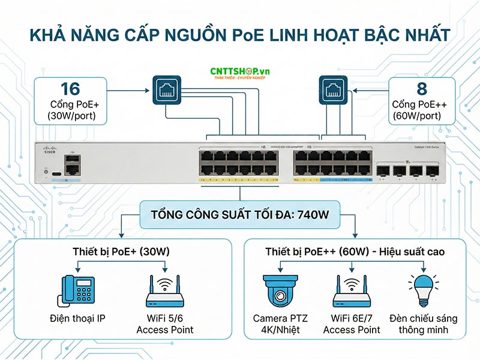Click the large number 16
pyautogui.click(x=70, y=89)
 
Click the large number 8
pyautogui.click(x=421, y=89)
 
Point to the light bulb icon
pyautogui.click(x=422, y=290)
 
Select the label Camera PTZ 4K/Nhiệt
pyautogui.click(x=280, y=324)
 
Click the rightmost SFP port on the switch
pyautogui.click(x=431, y=171)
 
